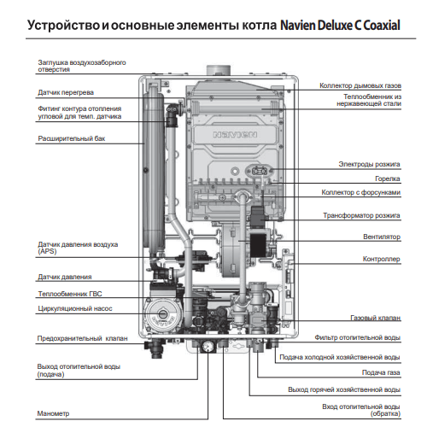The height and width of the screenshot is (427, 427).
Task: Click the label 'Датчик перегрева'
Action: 66,91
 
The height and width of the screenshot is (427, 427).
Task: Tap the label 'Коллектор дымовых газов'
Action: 360,85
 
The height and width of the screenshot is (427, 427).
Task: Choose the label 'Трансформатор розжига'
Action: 361,216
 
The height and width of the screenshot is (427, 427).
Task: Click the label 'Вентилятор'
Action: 378,237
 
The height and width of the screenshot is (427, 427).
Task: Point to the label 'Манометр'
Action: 53,413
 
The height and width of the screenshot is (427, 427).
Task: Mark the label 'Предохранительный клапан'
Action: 81,339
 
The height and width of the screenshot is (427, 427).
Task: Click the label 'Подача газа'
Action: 380,372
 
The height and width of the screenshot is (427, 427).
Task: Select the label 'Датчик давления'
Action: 65,277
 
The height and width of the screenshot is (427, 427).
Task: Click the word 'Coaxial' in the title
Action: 378,25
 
